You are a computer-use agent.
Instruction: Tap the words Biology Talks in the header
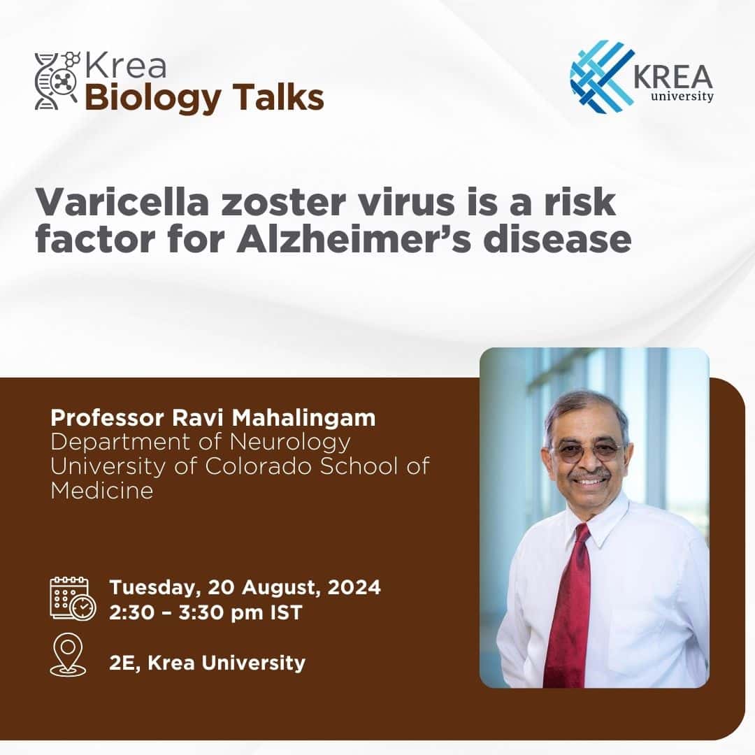204,98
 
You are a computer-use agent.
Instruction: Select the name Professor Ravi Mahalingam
213,418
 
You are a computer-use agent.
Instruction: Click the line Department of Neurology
200,442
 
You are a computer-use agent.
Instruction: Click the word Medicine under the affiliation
102,490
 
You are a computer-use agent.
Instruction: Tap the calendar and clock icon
72,598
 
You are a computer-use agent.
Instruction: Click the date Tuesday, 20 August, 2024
245,587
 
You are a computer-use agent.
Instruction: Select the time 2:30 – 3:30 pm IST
206,612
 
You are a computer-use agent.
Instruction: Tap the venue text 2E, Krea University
207,662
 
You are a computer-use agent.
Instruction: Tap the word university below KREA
682,96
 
